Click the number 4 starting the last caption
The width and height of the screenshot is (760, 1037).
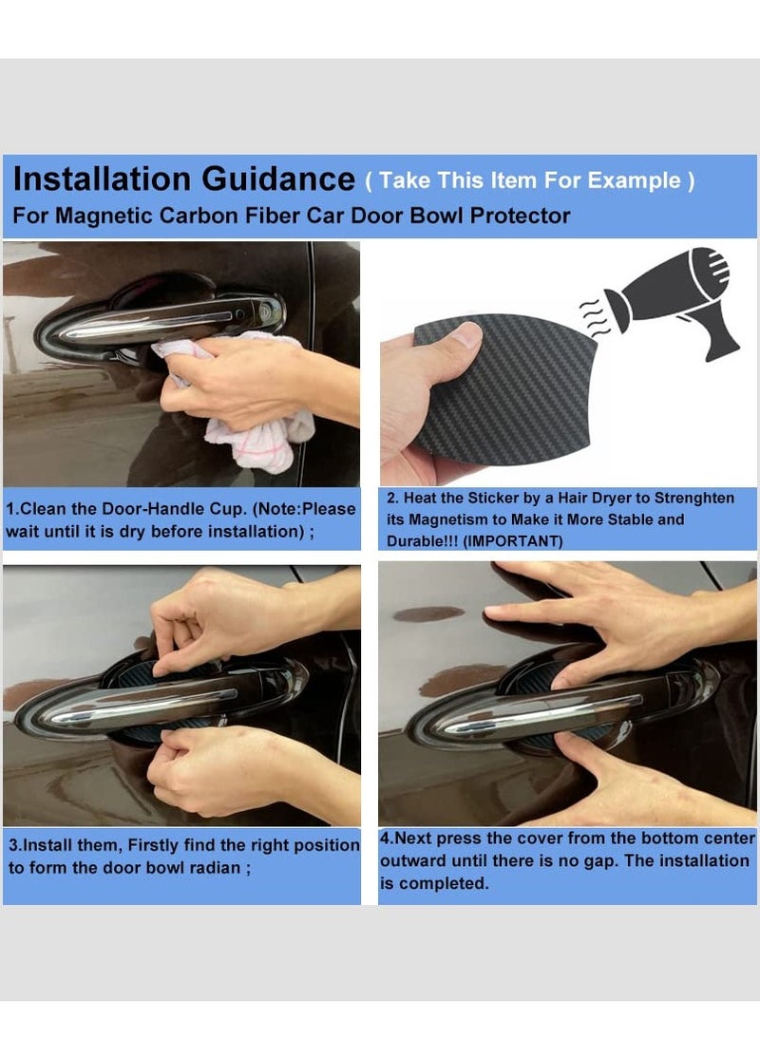pyautogui.click(x=385, y=839)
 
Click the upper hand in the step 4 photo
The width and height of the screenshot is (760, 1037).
pyautogui.click(x=608, y=617)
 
